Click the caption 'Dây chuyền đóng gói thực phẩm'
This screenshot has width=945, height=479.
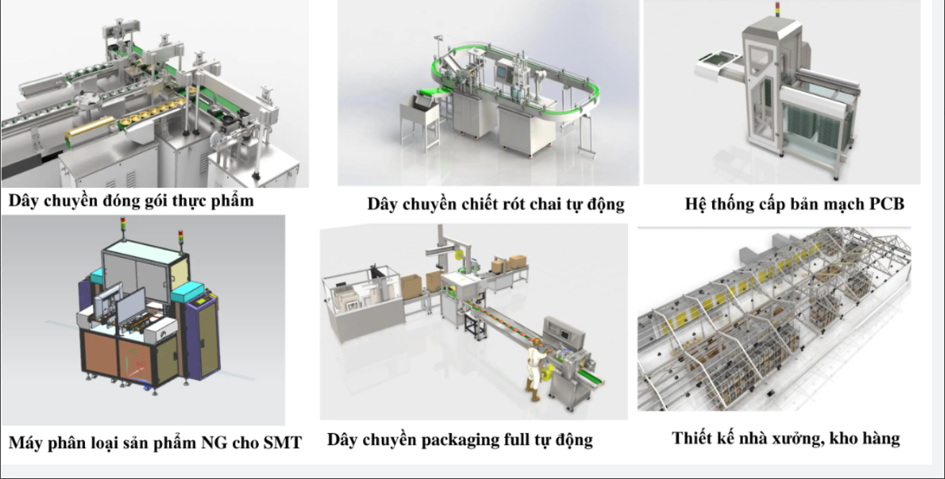coord(131,201)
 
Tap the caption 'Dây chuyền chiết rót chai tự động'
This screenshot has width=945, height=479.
coord(496,204)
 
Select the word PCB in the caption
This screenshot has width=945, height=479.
coord(887,204)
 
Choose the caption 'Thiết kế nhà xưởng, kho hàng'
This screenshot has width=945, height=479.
coord(785,439)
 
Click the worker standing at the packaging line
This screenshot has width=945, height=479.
coord(534,368)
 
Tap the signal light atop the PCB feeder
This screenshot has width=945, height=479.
coord(777,10)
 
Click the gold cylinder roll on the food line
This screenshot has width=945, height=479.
coord(91,132)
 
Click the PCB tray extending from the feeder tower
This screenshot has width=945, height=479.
coord(717,66)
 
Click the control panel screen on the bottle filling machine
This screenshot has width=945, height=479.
coord(501,71)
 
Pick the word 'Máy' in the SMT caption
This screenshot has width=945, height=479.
coord(25,443)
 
